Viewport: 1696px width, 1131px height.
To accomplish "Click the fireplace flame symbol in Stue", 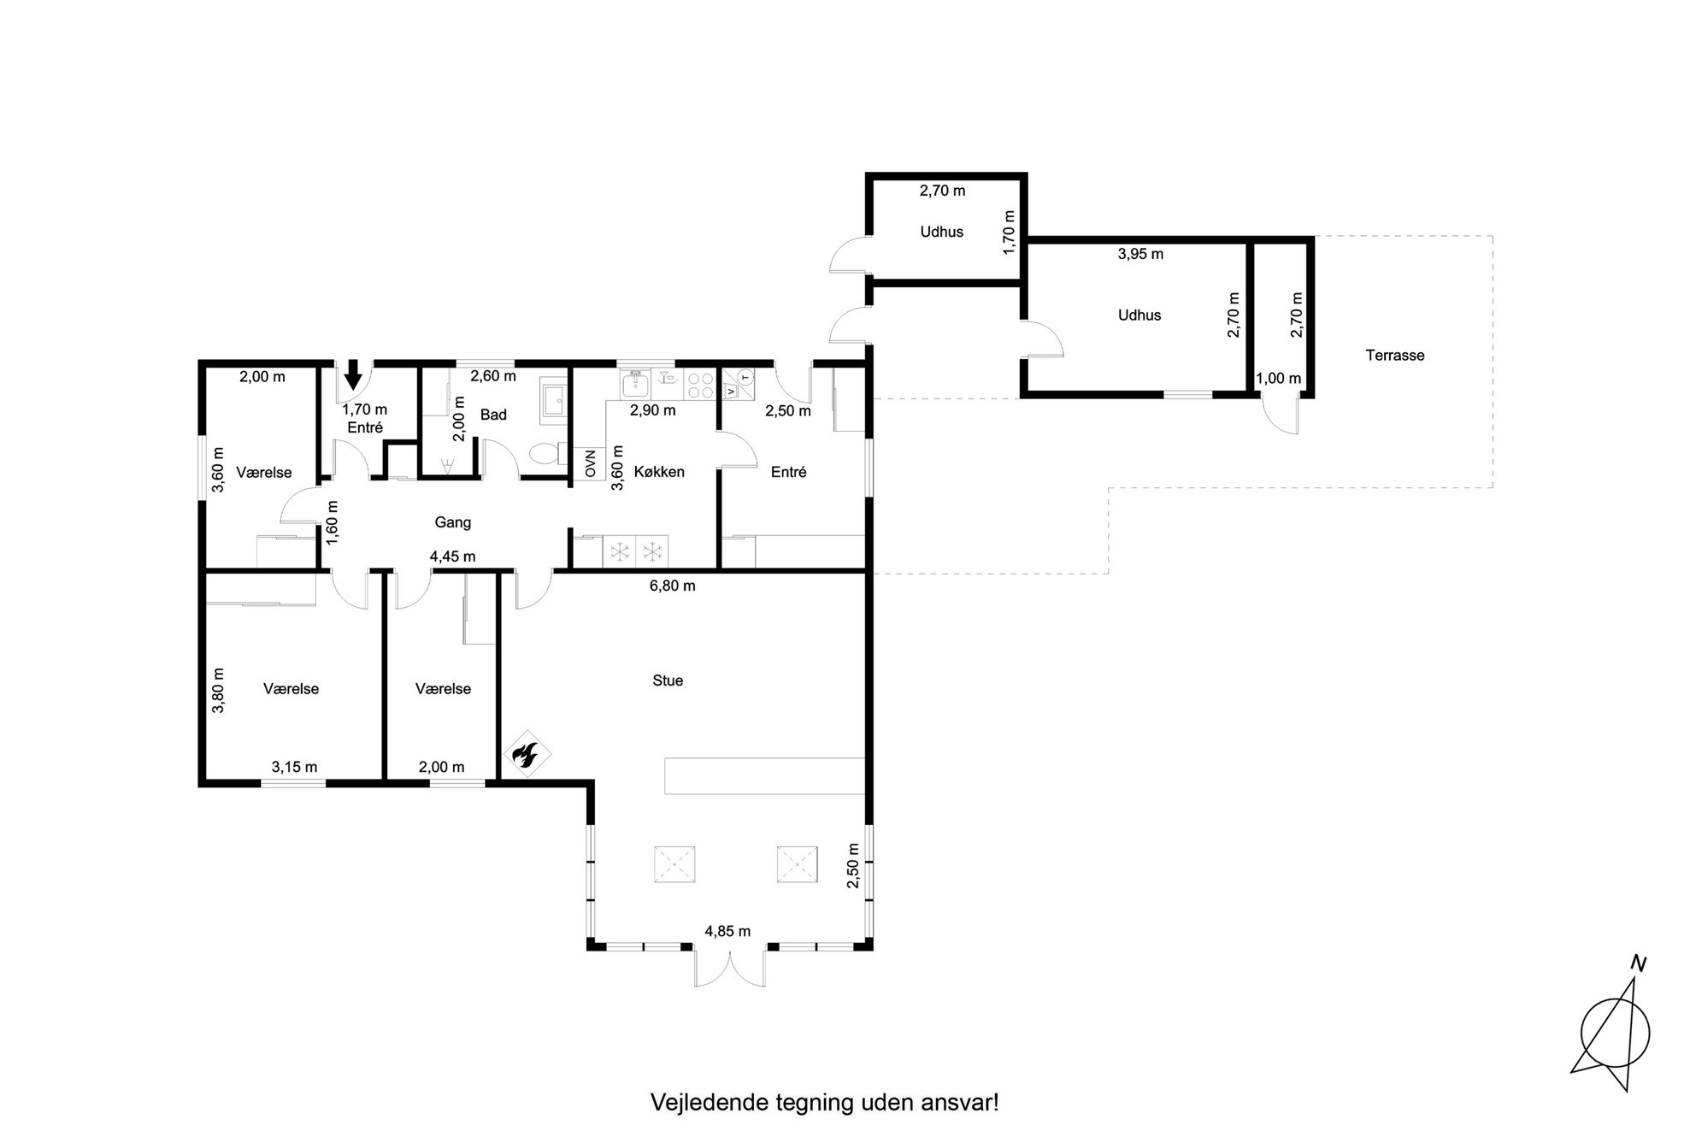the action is coord(525,754).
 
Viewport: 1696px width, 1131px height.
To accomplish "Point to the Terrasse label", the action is coord(1395,356).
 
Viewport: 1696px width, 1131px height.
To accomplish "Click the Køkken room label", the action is coord(659,472).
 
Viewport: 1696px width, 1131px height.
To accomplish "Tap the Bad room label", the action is coord(493,415).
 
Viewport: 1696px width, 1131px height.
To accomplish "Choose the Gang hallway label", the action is coord(452,522).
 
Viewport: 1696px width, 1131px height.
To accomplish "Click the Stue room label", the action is coord(668,680).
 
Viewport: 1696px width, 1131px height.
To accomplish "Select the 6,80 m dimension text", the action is coord(673,586).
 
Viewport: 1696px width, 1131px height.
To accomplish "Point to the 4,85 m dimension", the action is coord(727,931).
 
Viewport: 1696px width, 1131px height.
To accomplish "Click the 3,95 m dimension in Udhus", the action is coord(1140,254).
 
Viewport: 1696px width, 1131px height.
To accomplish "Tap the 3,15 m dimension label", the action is coord(294,767).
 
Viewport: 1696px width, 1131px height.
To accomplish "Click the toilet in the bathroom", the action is coord(546,453).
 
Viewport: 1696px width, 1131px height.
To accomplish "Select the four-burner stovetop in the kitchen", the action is coord(700,385).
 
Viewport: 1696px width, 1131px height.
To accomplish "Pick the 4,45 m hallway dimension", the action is coord(452,557).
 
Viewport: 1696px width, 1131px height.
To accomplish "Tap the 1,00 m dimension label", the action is coord(1278,379).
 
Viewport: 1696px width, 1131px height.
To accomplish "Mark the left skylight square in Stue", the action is coord(674,864).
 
